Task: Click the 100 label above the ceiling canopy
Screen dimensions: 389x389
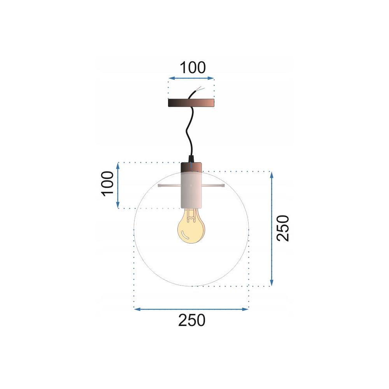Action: (192, 68)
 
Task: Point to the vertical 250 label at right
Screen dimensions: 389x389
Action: (284, 228)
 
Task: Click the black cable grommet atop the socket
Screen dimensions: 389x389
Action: (191, 158)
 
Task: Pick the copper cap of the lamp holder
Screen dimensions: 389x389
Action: (191, 167)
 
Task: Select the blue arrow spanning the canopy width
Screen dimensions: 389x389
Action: (191, 79)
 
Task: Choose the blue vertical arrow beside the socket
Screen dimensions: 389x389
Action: (118, 186)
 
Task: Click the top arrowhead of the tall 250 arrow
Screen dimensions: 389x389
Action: (272, 175)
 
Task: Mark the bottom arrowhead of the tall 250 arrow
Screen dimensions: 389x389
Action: (272, 283)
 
